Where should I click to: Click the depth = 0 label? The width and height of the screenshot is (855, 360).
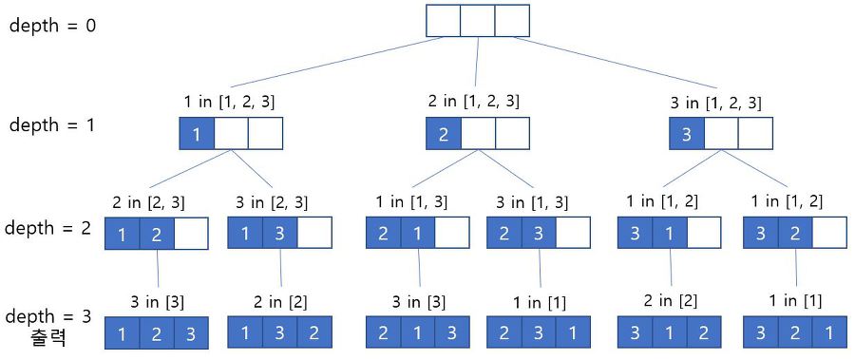(52, 26)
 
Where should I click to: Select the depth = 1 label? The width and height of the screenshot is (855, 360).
(52, 124)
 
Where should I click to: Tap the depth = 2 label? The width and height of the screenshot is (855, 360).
(48, 228)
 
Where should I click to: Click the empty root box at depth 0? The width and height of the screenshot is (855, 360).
(477, 21)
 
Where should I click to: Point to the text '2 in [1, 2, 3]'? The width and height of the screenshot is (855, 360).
(473, 100)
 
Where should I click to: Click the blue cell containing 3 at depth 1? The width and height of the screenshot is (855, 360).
(686, 133)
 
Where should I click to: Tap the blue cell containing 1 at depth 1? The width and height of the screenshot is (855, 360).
(197, 134)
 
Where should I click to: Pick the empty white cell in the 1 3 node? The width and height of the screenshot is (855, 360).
(314, 234)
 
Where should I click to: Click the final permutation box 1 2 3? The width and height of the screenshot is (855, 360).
(156, 333)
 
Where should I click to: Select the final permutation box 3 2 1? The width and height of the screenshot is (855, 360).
(793, 333)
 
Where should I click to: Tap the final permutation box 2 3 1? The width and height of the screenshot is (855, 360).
(539, 333)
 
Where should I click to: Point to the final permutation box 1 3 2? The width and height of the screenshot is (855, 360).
(280, 333)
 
